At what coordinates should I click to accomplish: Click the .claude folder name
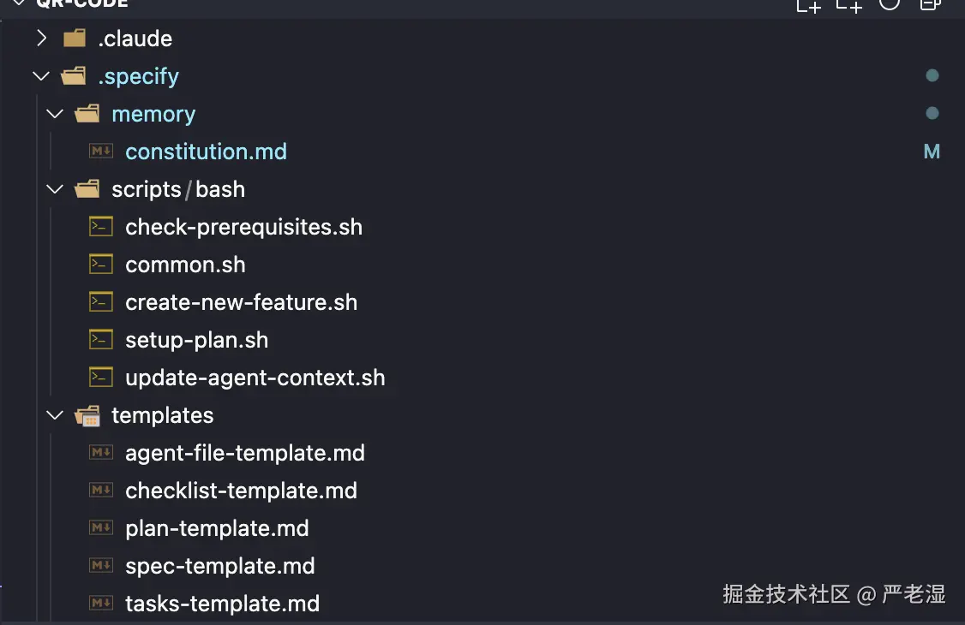click(x=135, y=39)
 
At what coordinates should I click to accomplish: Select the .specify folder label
click(x=138, y=76)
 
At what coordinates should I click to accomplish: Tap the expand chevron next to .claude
click(x=41, y=39)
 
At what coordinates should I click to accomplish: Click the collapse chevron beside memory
click(x=55, y=114)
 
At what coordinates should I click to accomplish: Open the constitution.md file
click(x=206, y=152)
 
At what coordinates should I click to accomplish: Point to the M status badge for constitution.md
click(x=932, y=152)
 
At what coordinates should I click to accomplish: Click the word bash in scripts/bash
click(x=220, y=189)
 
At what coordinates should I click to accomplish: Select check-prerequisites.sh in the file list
click(x=243, y=227)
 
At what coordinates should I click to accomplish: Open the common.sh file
click(x=185, y=265)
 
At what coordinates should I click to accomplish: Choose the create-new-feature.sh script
click(x=241, y=302)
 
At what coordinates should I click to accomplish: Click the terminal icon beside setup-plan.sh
click(x=101, y=340)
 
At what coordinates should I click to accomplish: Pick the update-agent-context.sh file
click(x=255, y=378)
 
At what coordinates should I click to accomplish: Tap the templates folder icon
click(x=87, y=416)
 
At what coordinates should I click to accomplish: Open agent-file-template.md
click(x=245, y=453)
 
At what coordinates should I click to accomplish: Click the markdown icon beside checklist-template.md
click(x=101, y=491)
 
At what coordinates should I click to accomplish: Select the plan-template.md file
click(x=217, y=528)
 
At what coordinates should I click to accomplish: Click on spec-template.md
click(x=219, y=566)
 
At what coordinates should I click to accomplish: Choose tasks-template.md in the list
click(x=222, y=604)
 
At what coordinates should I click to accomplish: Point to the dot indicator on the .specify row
click(x=932, y=76)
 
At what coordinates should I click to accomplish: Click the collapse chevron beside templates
click(x=55, y=415)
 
